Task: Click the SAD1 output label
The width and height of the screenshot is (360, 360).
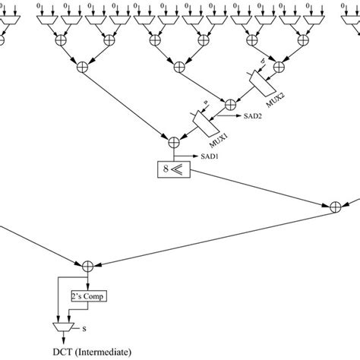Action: (x=210, y=156)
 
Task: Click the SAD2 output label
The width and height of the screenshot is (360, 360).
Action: (x=252, y=117)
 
